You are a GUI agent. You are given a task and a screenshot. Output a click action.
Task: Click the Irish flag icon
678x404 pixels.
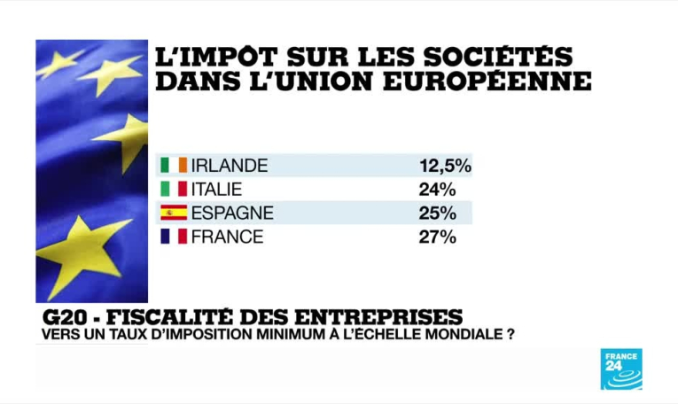(174, 166)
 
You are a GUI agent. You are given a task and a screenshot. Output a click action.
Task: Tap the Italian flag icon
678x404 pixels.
(174, 189)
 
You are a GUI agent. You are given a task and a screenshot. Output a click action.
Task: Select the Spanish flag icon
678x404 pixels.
(174, 213)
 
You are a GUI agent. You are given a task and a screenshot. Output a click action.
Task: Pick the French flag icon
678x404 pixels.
(174, 237)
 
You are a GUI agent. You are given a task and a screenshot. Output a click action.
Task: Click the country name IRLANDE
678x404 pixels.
(230, 166)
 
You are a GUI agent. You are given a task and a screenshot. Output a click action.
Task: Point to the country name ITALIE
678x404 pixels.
(217, 189)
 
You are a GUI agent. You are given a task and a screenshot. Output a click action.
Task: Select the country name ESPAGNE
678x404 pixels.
(233, 213)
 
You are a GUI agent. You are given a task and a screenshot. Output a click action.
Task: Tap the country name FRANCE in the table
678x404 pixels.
(227, 237)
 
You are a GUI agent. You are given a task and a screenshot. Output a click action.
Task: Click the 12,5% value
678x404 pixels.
(445, 166)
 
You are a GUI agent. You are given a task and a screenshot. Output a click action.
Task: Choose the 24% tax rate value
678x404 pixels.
(438, 189)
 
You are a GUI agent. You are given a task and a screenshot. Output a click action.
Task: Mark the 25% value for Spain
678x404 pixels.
(438, 213)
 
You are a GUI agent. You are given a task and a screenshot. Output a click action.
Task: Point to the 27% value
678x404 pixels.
(438, 237)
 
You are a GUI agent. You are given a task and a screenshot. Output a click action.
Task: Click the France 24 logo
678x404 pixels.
(621, 369)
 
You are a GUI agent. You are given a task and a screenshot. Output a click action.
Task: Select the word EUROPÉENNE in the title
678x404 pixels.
(491, 82)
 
